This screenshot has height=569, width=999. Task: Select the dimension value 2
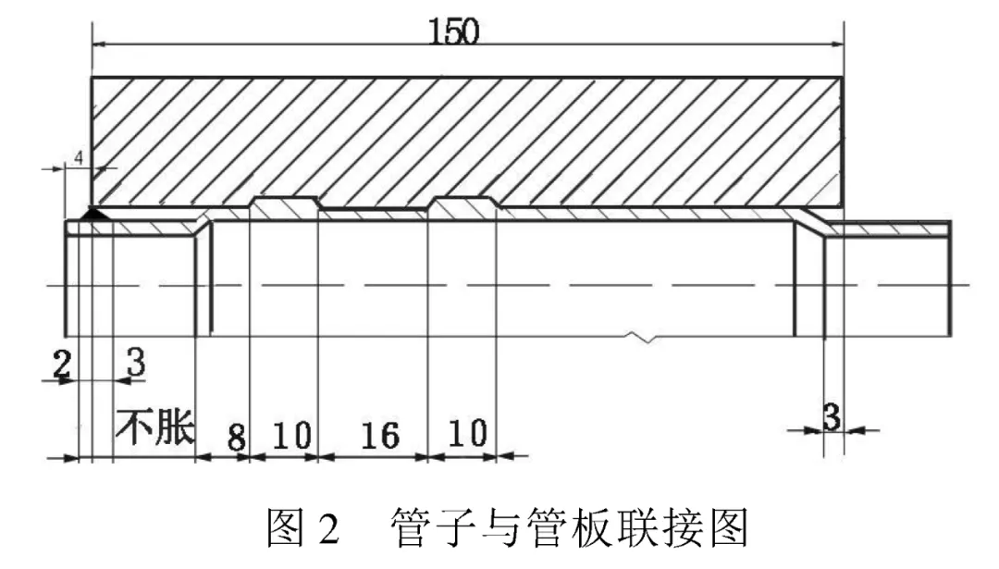click(x=61, y=364)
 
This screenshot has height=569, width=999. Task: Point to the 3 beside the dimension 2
click(x=135, y=362)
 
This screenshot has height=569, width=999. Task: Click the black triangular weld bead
click(x=94, y=214)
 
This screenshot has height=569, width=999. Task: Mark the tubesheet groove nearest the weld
click(x=286, y=203)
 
